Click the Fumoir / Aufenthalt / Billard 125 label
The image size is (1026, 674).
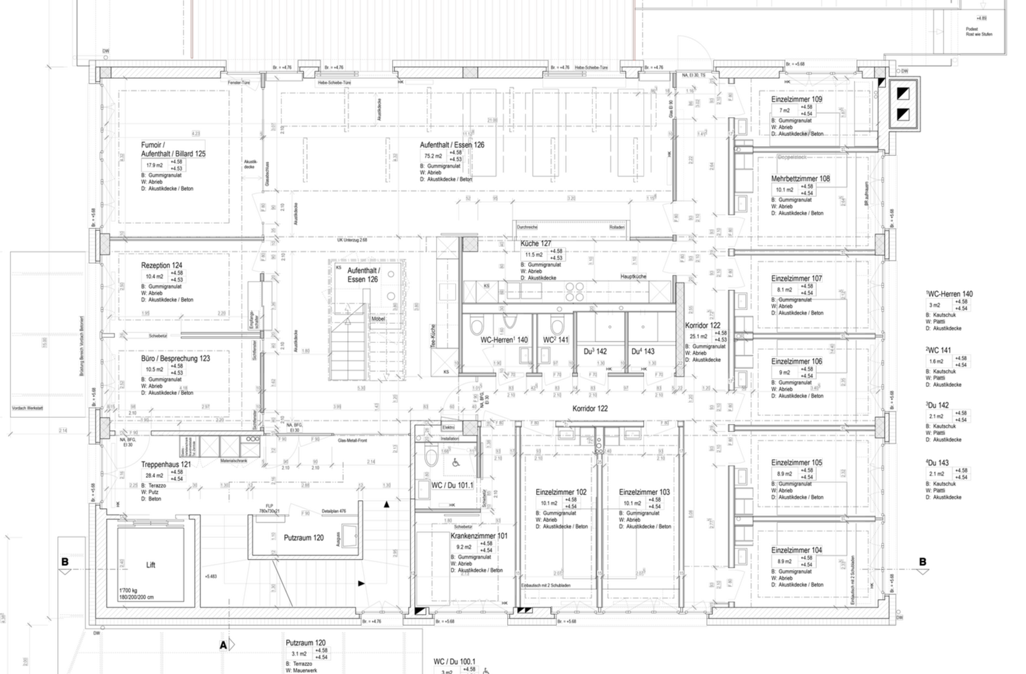174,149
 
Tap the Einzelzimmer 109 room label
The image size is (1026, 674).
796,99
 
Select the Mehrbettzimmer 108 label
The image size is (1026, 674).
800,178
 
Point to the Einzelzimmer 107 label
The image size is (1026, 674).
796,278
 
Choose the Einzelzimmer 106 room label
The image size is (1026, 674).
796,361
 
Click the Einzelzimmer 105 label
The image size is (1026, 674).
796,463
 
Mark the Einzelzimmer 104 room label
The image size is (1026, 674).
796,550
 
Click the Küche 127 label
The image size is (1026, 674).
536,244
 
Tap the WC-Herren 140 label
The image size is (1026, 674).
504,340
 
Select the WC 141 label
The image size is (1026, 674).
556,340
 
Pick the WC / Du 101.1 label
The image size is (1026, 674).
452,485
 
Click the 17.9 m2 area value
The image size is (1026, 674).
154,165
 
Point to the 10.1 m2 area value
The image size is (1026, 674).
785,190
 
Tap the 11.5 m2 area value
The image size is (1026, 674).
533,254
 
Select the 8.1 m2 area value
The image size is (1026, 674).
785,290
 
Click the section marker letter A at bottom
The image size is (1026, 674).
224,644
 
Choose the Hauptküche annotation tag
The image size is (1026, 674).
633,276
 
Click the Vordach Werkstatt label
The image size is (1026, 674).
28,409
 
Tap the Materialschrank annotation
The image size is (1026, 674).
234,461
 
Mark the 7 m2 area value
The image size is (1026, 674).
784,111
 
